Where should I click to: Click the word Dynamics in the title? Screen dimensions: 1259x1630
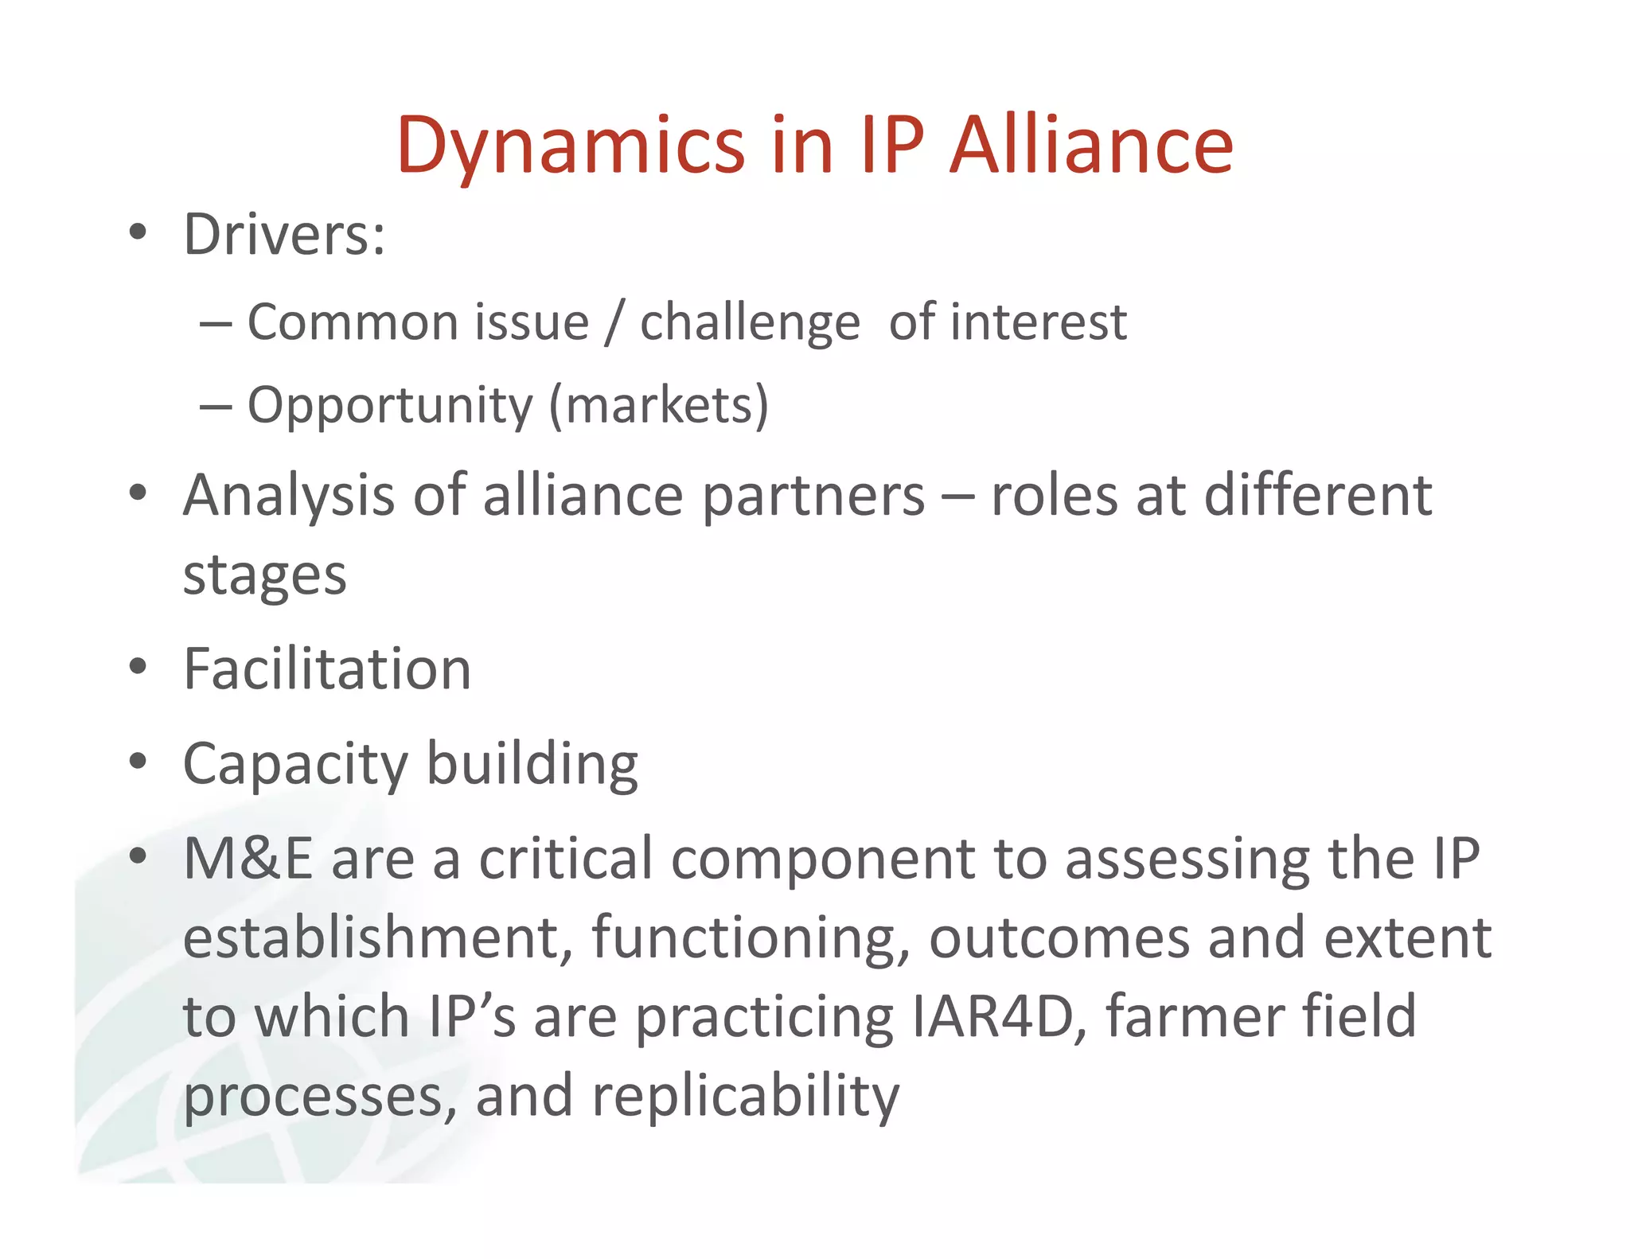(570, 146)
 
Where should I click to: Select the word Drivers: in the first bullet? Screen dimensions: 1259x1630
(284, 235)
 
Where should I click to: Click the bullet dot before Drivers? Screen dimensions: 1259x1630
(138, 232)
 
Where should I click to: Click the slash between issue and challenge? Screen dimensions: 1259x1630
(613, 323)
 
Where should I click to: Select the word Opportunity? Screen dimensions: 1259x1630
(390, 406)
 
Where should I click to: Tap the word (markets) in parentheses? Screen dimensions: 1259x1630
(659, 406)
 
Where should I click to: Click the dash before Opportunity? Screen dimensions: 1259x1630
(216, 407)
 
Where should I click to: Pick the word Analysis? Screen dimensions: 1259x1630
(288, 496)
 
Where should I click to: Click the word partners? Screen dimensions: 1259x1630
(813, 496)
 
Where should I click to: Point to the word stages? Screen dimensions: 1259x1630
(264, 575)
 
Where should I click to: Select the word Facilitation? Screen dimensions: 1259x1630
(327, 668)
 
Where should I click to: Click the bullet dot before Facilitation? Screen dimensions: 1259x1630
(138, 667)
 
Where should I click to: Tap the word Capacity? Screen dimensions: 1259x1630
(295, 764)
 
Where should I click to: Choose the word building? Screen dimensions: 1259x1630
(532, 764)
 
